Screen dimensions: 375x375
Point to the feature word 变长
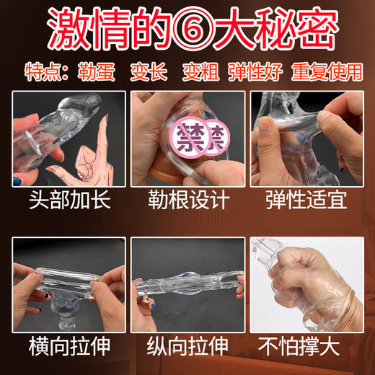(147, 73)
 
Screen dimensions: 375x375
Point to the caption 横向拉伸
(68, 345)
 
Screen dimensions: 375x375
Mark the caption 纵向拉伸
(187, 345)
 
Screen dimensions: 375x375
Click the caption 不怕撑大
(306, 345)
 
